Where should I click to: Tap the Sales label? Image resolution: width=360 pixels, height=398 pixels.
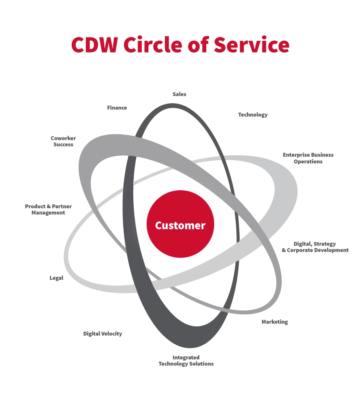coord(179,94)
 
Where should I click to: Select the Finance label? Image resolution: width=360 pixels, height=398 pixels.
coord(117,107)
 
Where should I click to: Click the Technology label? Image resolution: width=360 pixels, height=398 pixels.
coord(252,114)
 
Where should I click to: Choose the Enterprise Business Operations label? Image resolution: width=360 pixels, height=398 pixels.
coord(308,158)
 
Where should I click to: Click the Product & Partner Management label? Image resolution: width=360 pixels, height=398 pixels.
coord(48,209)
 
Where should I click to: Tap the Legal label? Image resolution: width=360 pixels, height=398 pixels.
coord(56,278)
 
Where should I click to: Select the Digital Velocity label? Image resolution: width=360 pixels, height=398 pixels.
coord(102,333)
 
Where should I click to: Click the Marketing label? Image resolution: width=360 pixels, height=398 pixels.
coord(275,322)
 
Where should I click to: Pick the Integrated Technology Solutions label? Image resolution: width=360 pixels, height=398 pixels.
coord(186,361)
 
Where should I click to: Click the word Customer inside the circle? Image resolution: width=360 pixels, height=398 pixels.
coord(180,226)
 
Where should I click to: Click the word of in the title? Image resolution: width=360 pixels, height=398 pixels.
coord(200,45)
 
